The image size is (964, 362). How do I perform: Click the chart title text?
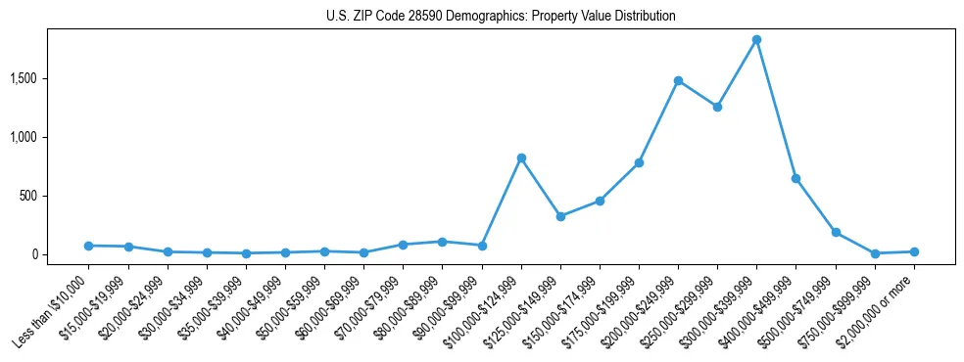501,17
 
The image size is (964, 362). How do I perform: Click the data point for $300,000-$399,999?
757,40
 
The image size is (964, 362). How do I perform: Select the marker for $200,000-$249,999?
678,80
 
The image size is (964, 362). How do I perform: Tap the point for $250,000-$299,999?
717,107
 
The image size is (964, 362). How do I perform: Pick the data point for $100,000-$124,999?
521,158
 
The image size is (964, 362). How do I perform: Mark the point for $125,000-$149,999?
560,216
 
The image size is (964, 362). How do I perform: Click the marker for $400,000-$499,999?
796,178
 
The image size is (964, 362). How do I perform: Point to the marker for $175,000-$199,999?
639,162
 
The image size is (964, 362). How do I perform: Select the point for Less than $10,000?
89,246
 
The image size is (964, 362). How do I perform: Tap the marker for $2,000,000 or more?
914,251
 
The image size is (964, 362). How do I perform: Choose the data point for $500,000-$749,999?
836,232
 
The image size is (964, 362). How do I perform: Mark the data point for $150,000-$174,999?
600,201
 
